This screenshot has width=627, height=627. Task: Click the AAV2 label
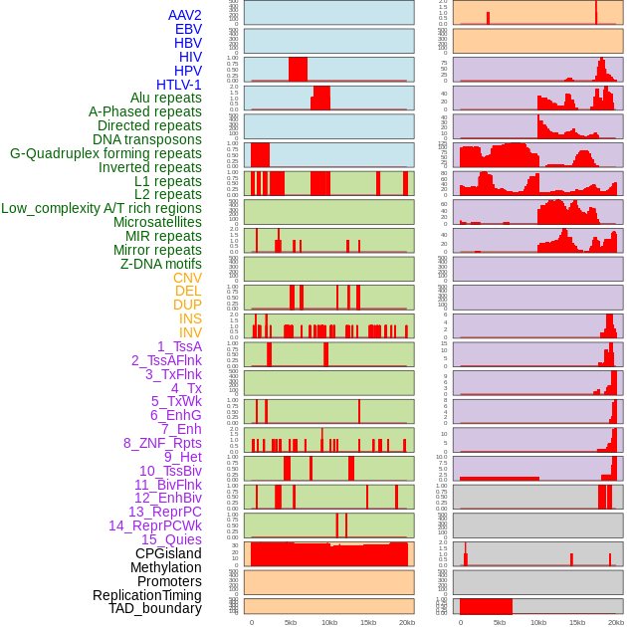(x=184, y=15)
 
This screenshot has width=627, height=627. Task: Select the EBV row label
(x=188, y=29)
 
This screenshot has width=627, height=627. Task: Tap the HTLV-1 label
(x=178, y=85)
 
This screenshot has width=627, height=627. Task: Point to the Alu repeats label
(x=165, y=98)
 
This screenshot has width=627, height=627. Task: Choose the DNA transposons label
(x=147, y=139)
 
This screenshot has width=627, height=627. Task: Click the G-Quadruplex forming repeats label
(x=105, y=153)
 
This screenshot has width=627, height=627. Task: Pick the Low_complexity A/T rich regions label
(x=102, y=208)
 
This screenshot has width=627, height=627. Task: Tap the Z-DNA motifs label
(x=161, y=264)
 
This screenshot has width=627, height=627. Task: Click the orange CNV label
(x=187, y=278)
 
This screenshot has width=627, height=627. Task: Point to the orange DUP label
(x=187, y=305)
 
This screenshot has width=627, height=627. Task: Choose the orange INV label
(x=190, y=332)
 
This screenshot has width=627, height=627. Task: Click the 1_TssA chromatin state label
(x=179, y=346)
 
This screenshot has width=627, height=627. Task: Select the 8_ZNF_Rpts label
(x=162, y=443)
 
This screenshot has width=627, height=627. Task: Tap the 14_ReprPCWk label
(x=154, y=525)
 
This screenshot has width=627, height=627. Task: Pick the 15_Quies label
(x=171, y=539)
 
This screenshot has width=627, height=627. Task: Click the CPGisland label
(x=168, y=553)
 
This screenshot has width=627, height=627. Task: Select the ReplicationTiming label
(x=146, y=595)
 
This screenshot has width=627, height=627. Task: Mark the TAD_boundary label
(x=155, y=608)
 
